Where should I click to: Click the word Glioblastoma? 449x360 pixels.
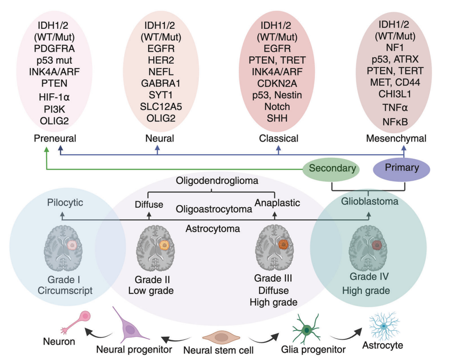[x=370, y=202]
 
